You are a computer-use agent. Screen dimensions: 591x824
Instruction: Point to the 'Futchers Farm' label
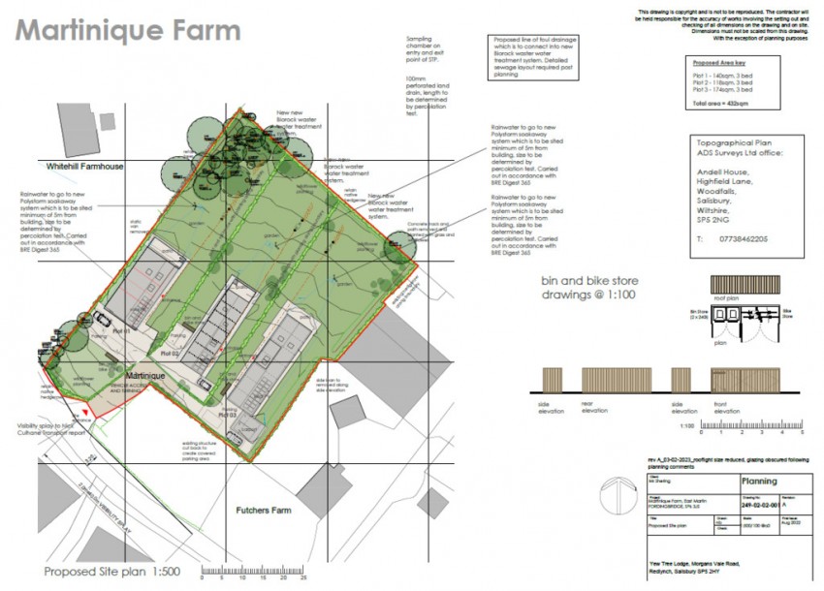(x=265, y=509)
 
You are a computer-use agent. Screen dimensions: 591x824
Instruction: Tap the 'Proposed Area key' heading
(x=718, y=62)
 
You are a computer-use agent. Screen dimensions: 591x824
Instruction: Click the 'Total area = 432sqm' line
(x=720, y=102)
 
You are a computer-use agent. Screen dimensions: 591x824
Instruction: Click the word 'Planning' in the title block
(x=759, y=480)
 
